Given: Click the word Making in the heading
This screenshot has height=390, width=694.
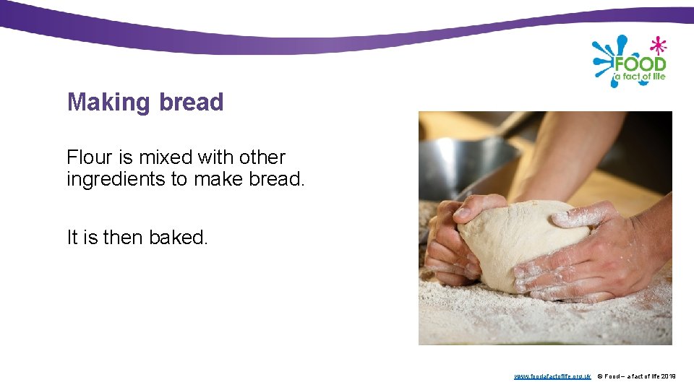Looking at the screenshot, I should (108, 103).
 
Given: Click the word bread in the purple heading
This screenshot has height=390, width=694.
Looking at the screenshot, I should (192, 103).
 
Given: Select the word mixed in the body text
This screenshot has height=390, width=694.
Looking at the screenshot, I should (168, 157).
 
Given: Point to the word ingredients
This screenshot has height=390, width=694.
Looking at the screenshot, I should (116, 179).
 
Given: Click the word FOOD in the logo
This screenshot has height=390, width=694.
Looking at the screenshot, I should (641, 64).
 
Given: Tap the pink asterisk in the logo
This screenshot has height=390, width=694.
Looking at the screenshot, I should (657, 45).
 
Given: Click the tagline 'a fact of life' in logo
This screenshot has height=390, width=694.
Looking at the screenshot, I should (640, 77).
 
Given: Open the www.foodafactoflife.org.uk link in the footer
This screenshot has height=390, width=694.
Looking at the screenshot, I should (552, 376).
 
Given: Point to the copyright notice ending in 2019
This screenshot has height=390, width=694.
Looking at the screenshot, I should (637, 376).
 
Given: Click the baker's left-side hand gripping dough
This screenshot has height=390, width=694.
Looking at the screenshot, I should (452, 238).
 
